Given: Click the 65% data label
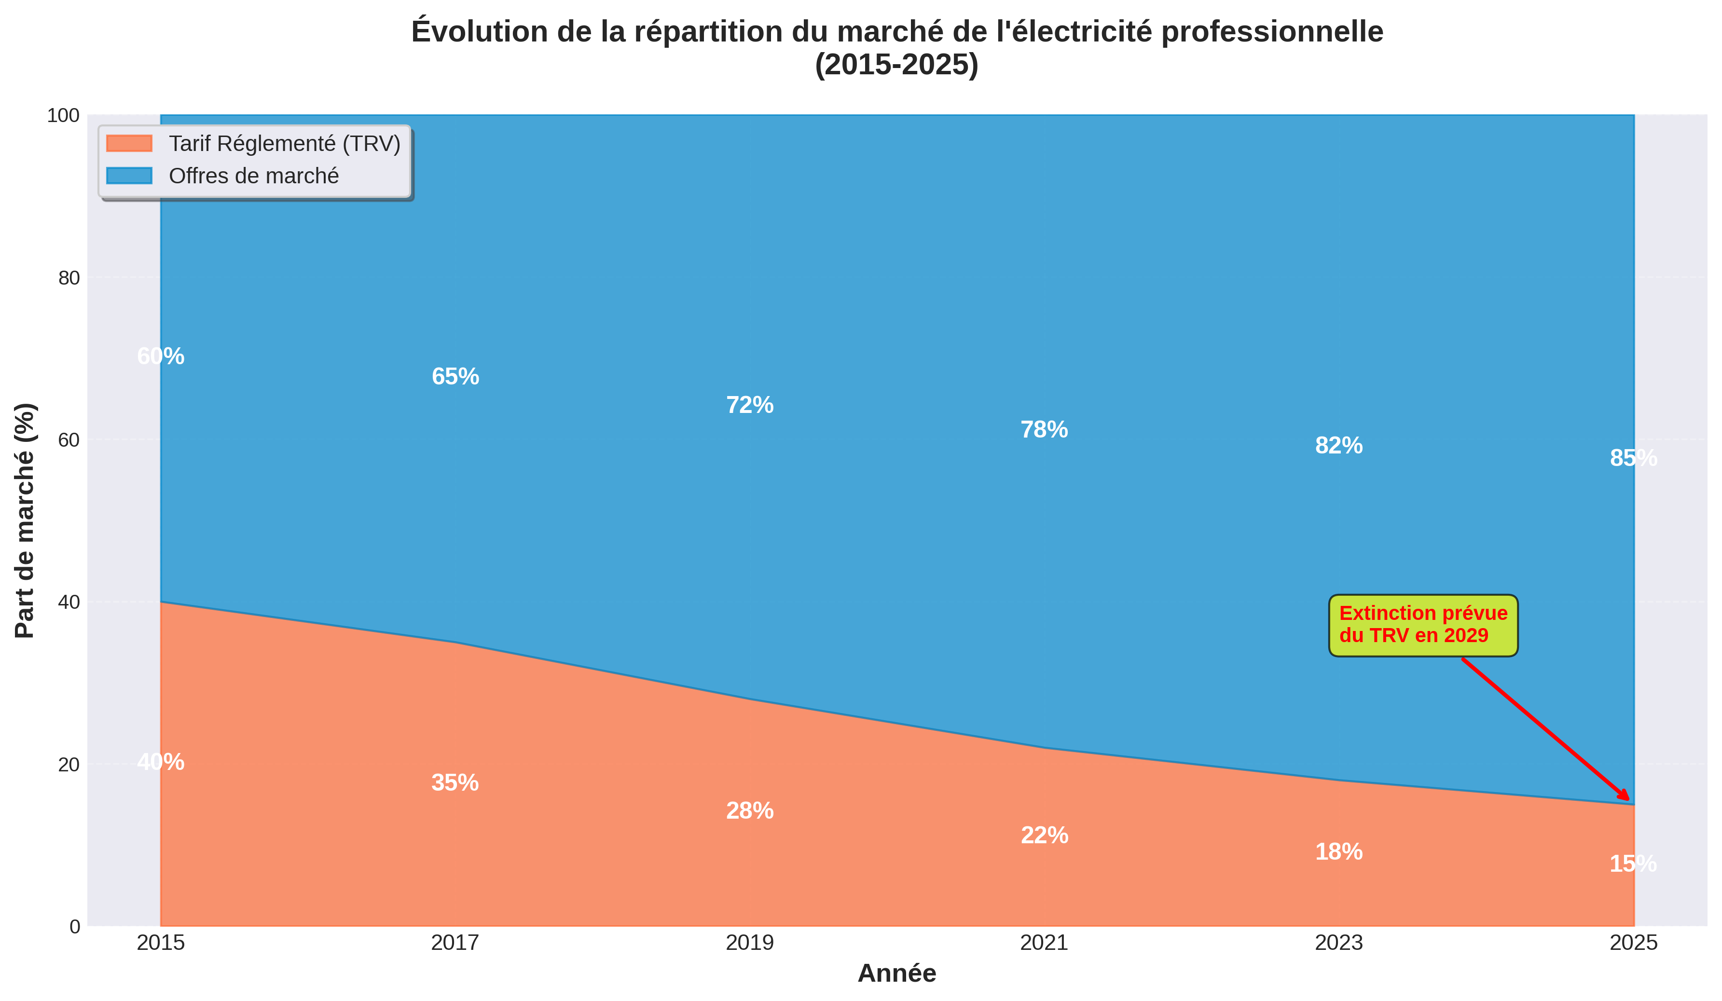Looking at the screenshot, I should click(455, 376).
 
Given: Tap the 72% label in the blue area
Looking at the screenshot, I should click(750, 405).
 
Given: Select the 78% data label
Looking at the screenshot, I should click(1044, 430).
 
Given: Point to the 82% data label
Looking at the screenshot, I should click(1338, 445).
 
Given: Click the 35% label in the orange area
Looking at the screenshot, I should click(455, 783).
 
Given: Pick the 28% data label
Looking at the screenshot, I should click(750, 811).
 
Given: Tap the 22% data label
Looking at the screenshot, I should click(1044, 836).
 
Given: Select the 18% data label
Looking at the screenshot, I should click(1338, 852).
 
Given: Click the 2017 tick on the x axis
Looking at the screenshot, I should click(455, 944).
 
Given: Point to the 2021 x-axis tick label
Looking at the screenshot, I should click(1044, 944).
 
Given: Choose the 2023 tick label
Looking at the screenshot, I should click(1338, 944).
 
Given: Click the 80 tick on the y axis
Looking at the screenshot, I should click(69, 278).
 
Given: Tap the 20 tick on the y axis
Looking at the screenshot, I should click(69, 765).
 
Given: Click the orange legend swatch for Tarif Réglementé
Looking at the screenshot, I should click(129, 143).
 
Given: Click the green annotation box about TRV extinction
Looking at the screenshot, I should click(1423, 625).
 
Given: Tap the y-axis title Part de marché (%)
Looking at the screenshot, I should click(25, 521).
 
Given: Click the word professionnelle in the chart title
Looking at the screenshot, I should click(1272, 32).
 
